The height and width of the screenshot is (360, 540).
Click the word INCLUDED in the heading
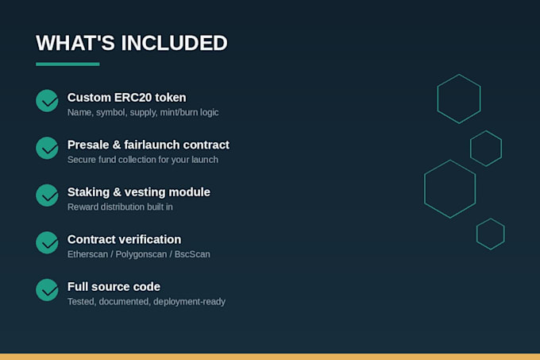(x=174, y=43)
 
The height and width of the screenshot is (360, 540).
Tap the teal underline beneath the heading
(x=67, y=64)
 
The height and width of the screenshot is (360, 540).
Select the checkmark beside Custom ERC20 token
(x=47, y=101)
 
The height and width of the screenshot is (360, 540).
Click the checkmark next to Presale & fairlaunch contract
(x=47, y=148)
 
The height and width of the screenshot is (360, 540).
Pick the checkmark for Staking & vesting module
(x=47, y=195)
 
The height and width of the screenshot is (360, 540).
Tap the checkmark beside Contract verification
(x=47, y=242)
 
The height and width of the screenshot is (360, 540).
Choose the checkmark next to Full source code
(x=47, y=290)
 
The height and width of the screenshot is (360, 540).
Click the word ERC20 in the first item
(x=133, y=98)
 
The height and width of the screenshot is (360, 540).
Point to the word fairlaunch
(x=152, y=145)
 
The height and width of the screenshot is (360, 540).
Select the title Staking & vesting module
(x=139, y=192)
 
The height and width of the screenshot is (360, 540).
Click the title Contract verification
(x=125, y=239)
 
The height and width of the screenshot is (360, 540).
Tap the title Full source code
(x=114, y=286)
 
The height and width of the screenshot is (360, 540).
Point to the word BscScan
(x=192, y=254)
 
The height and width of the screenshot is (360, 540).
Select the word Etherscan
(x=88, y=254)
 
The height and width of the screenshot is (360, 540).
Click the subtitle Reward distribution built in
(x=120, y=207)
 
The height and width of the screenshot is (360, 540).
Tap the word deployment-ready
(x=190, y=302)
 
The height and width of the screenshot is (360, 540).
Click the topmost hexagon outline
(x=459, y=75)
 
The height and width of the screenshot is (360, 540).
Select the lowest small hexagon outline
(x=491, y=219)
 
